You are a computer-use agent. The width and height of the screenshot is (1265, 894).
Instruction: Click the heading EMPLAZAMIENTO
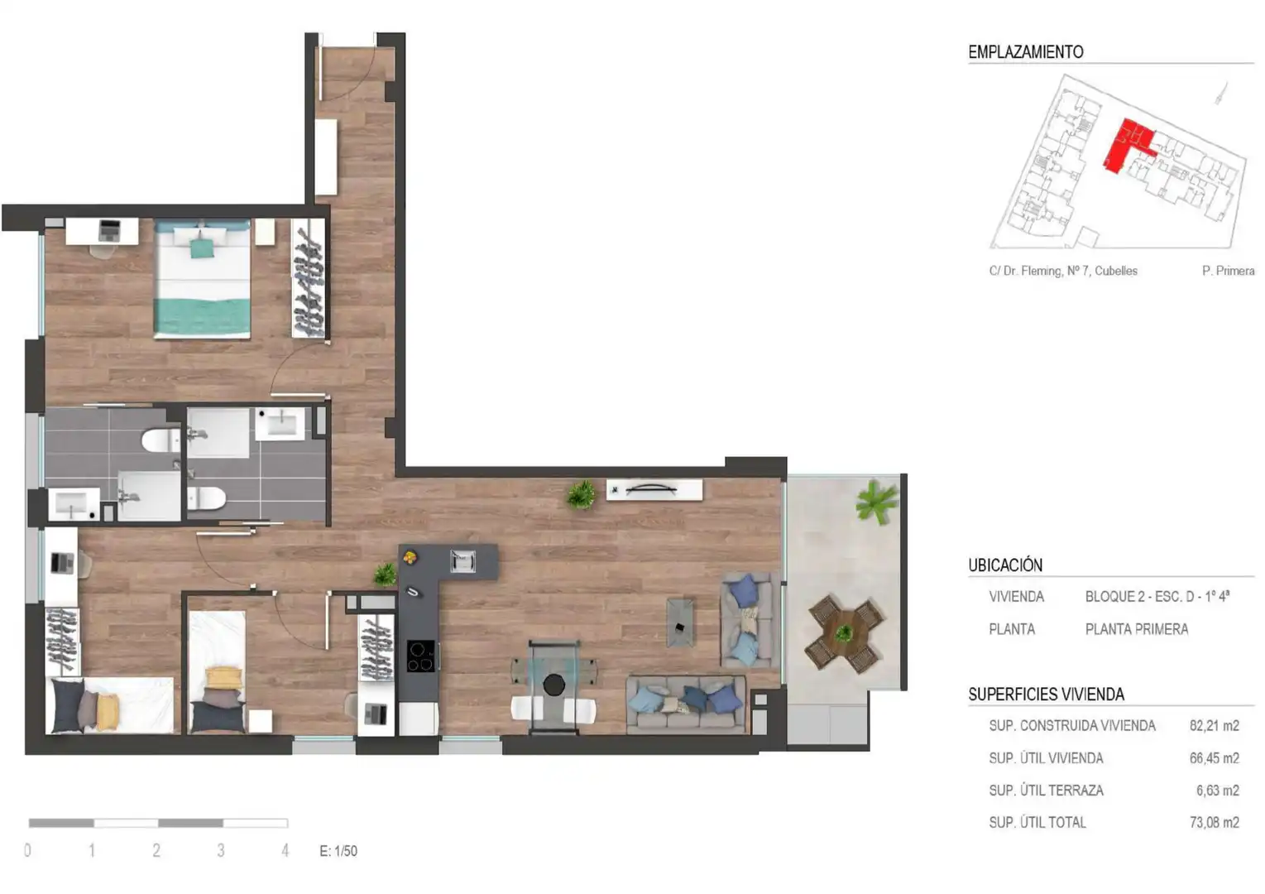(x=1026, y=52)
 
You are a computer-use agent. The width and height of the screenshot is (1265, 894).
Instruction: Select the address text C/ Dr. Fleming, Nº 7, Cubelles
(x=1063, y=271)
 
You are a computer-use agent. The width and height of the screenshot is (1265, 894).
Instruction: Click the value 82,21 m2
(x=1215, y=726)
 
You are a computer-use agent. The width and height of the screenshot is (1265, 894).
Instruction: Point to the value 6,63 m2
(x=1218, y=790)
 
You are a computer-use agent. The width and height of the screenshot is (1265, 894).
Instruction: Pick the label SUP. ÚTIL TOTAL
(x=1037, y=822)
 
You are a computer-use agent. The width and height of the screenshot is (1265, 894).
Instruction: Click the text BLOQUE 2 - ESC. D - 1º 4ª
(x=1157, y=597)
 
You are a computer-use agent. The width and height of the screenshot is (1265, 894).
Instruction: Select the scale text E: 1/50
(x=338, y=850)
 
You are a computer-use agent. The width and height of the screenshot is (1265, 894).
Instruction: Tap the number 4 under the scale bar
(x=285, y=850)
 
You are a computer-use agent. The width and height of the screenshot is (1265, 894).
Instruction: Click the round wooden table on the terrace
(x=844, y=633)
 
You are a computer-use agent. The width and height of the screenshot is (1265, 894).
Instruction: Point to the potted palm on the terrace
(x=876, y=501)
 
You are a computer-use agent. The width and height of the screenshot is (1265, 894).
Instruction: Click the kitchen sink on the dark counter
(x=462, y=561)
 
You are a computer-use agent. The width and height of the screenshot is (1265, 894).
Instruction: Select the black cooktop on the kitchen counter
(x=421, y=656)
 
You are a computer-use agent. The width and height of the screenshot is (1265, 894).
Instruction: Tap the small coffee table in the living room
(x=681, y=622)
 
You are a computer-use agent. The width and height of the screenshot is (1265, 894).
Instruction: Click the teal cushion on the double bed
(x=202, y=248)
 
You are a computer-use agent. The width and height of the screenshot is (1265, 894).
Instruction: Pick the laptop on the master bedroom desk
(x=109, y=231)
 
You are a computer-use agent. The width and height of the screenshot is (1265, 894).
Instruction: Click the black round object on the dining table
(x=554, y=685)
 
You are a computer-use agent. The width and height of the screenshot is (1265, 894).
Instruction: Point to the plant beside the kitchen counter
(x=386, y=574)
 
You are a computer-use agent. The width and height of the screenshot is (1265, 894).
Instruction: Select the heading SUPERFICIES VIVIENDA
(x=1046, y=694)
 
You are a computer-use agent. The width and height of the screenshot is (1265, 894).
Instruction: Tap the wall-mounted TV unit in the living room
(x=654, y=489)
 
